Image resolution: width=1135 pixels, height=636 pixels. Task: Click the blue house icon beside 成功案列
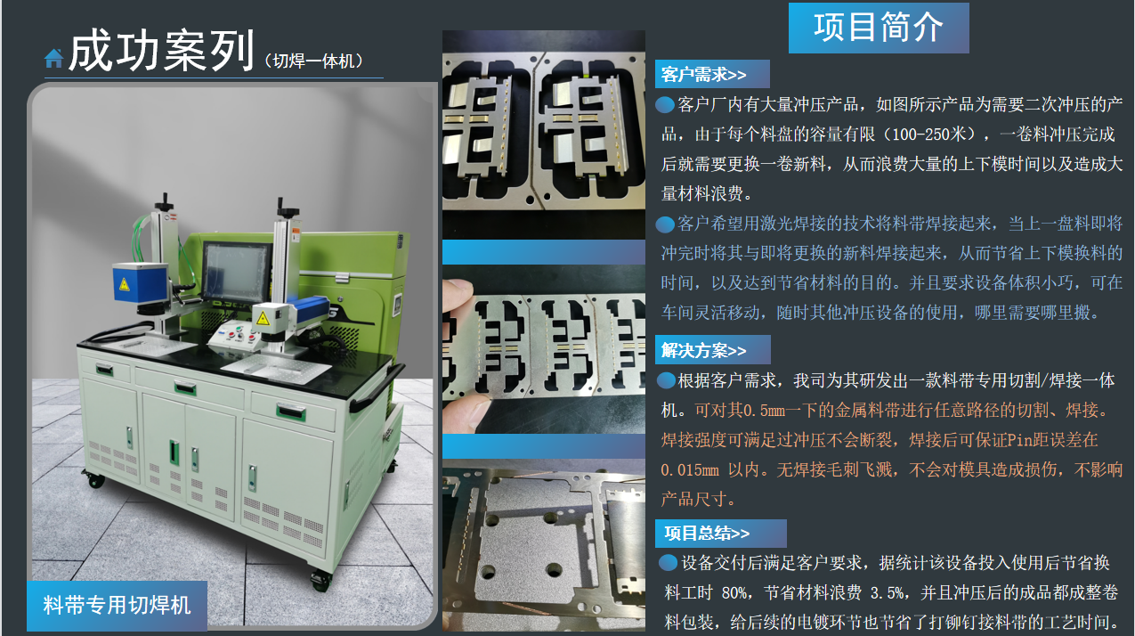[x=53, y=58]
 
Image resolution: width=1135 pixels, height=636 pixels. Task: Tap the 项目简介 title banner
[x=879, y=28]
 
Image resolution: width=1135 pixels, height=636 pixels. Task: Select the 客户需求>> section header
[x=712, y=74]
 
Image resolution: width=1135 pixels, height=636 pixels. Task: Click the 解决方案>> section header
[x=712, y=349]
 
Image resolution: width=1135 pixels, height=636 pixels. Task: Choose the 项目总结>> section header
[x=720, y=533]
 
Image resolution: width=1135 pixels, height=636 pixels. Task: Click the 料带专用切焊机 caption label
[x=117, y=606]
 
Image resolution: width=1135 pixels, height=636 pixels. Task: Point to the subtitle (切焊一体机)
[x=313, y=61]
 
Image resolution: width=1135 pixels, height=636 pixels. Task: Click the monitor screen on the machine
[x=237, y=273]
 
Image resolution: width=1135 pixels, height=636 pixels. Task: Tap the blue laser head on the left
[x=140, y=282]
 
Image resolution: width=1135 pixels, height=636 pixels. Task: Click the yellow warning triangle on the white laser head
[x=263, y=319]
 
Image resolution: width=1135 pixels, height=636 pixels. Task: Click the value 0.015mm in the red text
[x=690, y=469]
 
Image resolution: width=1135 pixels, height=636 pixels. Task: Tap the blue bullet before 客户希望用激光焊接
[x=665, y=224]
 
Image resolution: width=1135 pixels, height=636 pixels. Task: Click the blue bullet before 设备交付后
[x=669, y=562]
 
